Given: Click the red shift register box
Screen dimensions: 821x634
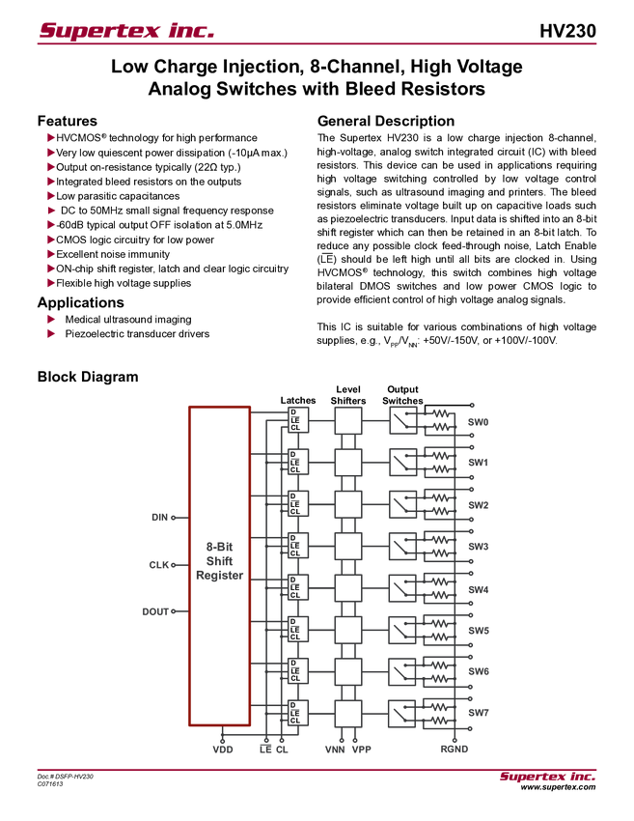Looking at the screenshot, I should click(219, 565).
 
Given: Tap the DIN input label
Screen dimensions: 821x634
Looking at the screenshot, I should click(160, 518).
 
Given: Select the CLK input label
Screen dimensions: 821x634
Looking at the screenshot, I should click(159, 564).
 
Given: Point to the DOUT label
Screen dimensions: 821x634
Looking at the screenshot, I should click(155, 610).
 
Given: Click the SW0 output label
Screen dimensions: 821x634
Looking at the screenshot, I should click(479, 422).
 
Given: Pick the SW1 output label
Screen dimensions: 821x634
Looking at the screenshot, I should click(479, 464).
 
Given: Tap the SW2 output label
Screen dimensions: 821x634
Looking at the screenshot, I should click(479, 505).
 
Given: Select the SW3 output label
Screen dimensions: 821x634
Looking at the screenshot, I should click(479, 547).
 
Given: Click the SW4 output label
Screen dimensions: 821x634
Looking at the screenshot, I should click(479, 589).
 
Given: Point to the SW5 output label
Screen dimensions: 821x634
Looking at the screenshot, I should click(479, 631).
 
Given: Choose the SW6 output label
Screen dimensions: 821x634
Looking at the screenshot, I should click(479, 671).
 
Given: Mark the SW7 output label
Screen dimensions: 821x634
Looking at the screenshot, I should click(479, 713).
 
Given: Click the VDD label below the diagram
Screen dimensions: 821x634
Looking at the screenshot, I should click(223, 749).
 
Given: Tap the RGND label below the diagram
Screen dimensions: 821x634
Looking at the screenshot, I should click(455, 749).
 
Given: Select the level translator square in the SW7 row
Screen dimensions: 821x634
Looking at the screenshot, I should click(347, 714).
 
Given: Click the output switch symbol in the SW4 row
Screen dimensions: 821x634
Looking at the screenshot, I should click(401, 587).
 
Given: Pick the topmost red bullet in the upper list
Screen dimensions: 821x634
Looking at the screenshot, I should click(50, 136).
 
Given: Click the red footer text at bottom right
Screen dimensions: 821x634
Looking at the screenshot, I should click(547, 779).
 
